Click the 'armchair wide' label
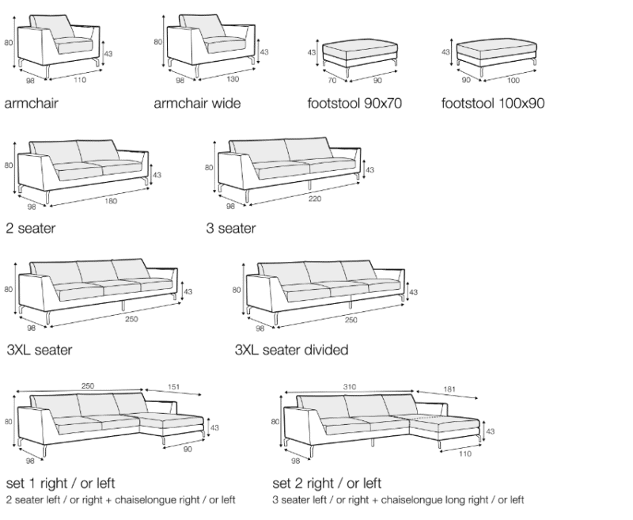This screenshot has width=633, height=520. pos(196,103)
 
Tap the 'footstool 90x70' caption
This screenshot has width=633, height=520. pos(354,103)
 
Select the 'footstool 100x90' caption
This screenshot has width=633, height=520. pos(494,103)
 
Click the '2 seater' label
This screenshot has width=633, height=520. pos(30,229)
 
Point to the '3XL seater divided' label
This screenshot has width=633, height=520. pos(291,349)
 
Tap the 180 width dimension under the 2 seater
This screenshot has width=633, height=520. pos(110,200)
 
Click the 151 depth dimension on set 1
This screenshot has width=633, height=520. pos(172,388)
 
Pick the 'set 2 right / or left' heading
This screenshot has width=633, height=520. pos(327,483)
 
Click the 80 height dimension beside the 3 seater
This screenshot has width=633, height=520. pos(209,168)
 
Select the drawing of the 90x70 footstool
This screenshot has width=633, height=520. pos(356,52)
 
